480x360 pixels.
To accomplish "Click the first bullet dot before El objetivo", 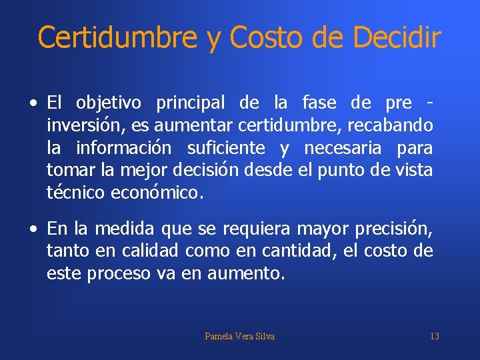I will tap(33, 104).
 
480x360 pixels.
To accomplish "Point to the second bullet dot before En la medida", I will tap(33, 230).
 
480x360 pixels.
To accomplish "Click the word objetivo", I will tap(109, 103).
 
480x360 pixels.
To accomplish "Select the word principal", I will tap(191, 103).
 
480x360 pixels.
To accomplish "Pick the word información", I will tap(124, 147).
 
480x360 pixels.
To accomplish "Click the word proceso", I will tap(119, 274).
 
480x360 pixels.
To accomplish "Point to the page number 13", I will tap(434, 337).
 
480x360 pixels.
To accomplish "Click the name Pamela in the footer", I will tap(219, 337).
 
